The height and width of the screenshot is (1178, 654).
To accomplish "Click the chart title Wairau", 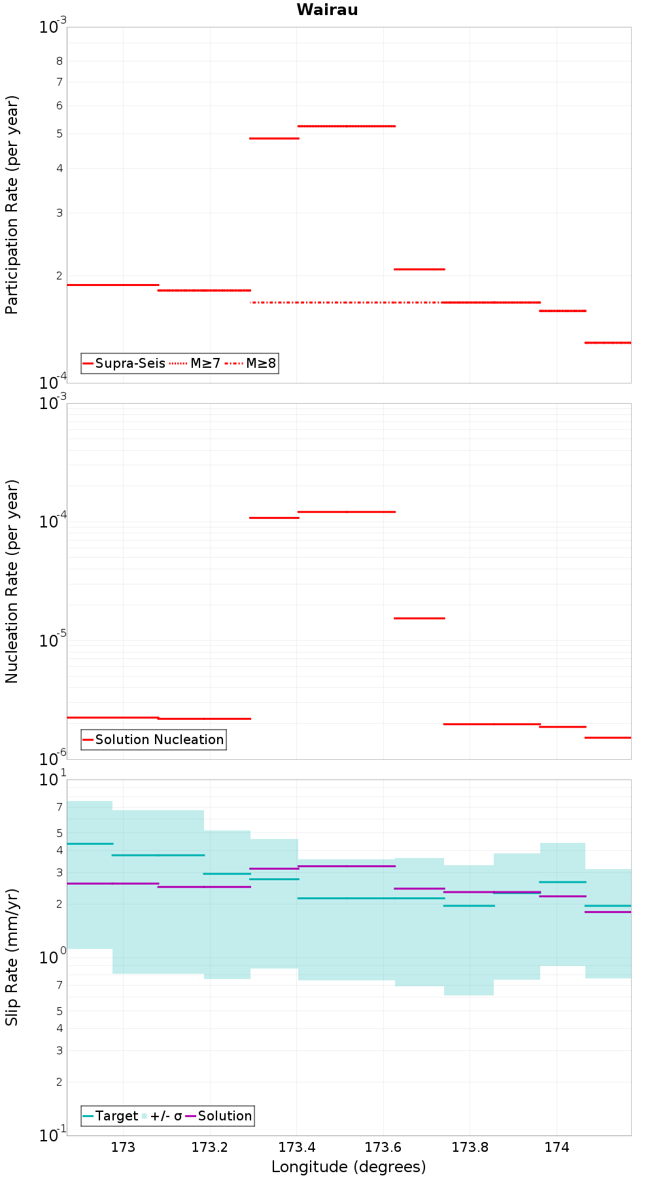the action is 327,10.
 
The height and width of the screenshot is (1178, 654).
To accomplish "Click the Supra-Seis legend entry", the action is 124,363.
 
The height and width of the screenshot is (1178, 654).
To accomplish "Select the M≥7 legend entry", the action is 195,363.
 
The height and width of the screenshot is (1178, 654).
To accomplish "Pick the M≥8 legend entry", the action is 250,363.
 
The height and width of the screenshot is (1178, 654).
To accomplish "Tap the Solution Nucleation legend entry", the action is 154,740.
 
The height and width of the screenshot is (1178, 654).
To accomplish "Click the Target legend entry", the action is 111,1116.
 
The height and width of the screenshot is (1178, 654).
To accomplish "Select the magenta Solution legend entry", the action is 219,1116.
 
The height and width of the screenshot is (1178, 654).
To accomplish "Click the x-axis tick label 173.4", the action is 296,1147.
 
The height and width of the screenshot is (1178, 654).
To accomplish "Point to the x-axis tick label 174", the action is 557,1147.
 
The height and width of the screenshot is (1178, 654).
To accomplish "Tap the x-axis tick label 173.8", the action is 470,1147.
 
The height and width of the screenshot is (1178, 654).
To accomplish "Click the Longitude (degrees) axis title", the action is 349,1167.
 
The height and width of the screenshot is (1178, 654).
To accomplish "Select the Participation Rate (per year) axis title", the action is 12,205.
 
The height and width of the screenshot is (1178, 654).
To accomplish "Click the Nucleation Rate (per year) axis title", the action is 12,582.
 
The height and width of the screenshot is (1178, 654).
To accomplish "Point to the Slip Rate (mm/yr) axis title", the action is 12,957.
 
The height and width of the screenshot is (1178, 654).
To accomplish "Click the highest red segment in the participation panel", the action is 347,126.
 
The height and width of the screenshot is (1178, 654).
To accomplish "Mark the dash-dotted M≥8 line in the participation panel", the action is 346,302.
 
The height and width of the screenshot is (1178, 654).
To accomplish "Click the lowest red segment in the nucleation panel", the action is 608,738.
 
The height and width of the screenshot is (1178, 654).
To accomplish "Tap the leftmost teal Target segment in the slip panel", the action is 90,844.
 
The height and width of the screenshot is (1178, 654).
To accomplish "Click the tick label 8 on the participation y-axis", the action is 60,61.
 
